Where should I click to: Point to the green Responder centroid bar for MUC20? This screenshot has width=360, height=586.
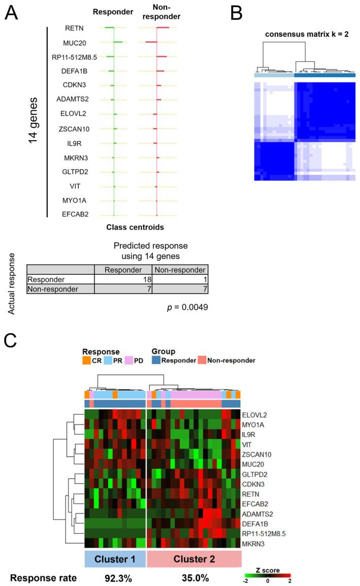[118, 42]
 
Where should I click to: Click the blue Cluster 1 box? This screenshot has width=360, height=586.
[115, 560]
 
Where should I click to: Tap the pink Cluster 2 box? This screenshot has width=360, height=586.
[194, 560]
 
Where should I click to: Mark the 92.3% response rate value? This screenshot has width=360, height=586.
[115, 578]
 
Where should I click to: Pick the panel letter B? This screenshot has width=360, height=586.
[237, 14]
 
